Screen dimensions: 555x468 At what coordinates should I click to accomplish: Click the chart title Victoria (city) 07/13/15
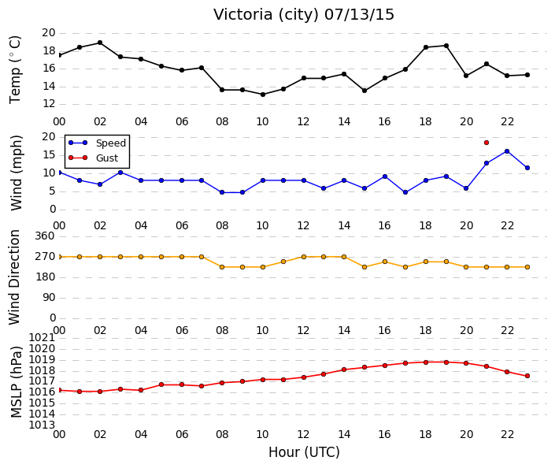[303, 15]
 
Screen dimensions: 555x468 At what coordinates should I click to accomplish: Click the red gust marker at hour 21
[487, 143]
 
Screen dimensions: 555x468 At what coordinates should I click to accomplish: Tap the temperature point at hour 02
[100, 43]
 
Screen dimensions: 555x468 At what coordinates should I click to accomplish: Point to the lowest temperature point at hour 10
[263, 95]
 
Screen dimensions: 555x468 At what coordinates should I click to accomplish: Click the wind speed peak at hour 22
[507, 151]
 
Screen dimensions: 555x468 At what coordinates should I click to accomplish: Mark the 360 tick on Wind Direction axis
[45, 236]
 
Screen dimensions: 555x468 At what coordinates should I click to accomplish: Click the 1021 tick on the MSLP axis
[42, 337]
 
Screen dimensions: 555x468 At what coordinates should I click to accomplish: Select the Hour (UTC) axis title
[304, 452]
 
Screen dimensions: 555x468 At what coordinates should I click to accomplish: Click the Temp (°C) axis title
[15, 69]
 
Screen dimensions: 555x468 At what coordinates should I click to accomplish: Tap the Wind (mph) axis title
[17, 173]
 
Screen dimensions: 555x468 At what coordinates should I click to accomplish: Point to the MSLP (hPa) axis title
[17, 382]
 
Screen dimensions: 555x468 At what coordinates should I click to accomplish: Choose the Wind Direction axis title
[14, 277]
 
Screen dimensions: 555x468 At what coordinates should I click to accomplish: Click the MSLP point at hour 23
[527, 376]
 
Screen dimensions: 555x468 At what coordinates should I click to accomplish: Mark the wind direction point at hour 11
[283, 262]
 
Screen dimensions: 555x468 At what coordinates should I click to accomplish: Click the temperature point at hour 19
[446, 46]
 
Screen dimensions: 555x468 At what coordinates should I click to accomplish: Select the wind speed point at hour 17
[405, 192]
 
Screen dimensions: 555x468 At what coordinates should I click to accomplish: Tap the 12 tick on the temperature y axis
[49, 104]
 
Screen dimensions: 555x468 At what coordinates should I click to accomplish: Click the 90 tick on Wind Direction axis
[49, 297]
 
